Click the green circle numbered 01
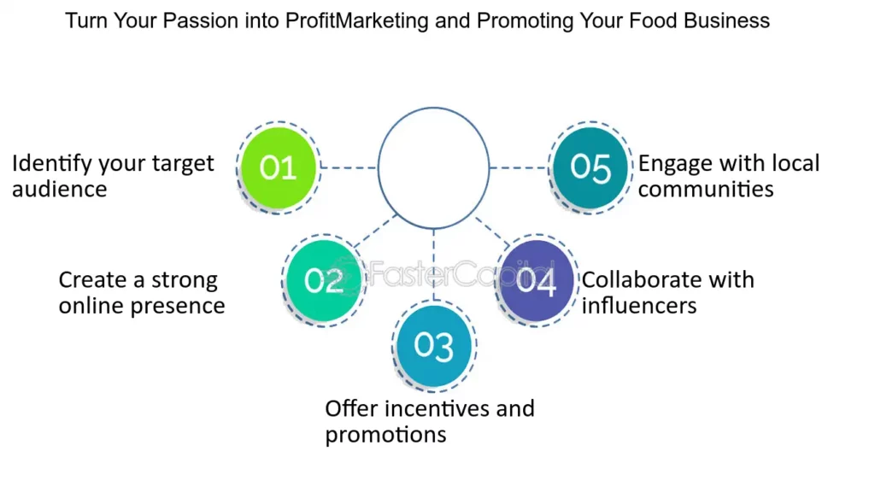coord(279,167)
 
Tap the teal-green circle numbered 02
coord(324,280)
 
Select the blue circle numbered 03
coord(433,346)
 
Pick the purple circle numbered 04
coord(537,280)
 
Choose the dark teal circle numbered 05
coord(590,167)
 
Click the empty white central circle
coord(433,108)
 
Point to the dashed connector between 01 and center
coord(349,167)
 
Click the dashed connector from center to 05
coord(519,167)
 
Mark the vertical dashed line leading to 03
coord(433,265)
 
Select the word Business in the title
coord(727,21)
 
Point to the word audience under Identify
coord(60,189)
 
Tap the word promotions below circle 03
coord(385,435)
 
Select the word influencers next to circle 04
coord(639,306)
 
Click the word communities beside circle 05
coord(706,189)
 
